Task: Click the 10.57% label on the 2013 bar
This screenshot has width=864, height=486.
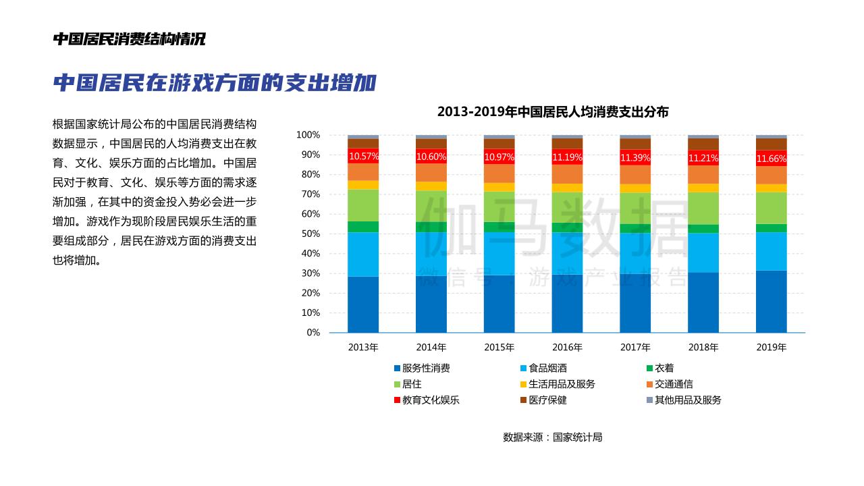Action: point(363,157)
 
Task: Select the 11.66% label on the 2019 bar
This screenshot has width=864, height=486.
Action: point(771,159)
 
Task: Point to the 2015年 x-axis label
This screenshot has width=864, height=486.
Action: point(499,348)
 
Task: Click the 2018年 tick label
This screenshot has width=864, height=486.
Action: point(703,348)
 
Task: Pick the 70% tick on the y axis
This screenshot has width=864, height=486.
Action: point(310,194)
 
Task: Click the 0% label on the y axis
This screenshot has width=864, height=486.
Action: point(313,333)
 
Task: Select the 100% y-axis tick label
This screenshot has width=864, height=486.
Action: point(308,135)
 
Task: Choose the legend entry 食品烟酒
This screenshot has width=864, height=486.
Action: point(547,368)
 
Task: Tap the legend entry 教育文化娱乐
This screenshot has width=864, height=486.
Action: point(431,400)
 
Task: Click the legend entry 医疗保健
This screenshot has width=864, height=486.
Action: point(547,400)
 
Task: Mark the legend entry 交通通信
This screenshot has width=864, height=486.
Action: point(674,384)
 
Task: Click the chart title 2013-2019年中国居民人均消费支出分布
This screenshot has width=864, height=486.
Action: point(553,112)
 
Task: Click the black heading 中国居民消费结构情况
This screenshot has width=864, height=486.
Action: point(129,39)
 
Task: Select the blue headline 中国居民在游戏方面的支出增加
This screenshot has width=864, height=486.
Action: point(214,83)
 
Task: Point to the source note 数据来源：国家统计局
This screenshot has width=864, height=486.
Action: point(553,437)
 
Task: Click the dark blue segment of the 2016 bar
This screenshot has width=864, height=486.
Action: point(567,303)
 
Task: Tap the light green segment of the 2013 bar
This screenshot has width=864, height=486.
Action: point(363,205)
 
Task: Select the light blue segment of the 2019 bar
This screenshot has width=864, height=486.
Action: point(771,251)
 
